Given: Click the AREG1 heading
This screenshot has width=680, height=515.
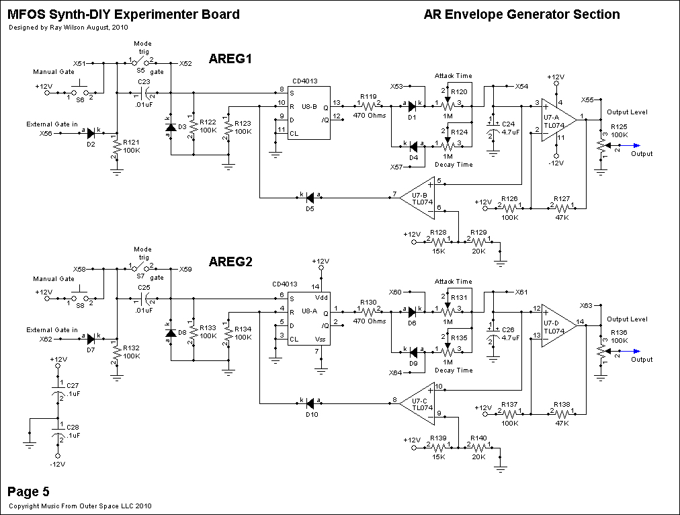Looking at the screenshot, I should (230, 59).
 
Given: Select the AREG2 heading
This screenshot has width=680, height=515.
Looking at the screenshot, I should (230, 262).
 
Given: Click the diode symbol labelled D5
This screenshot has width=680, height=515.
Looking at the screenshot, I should (310, 197).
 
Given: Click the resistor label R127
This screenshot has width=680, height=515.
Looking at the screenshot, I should (561, 200).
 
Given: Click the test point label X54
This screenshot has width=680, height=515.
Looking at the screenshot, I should (521, 86).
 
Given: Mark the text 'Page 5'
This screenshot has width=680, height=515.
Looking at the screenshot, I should (28, 491).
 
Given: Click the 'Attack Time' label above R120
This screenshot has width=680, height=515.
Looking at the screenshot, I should (454, 76).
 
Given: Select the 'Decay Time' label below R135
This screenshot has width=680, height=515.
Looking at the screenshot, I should (454, 370).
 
